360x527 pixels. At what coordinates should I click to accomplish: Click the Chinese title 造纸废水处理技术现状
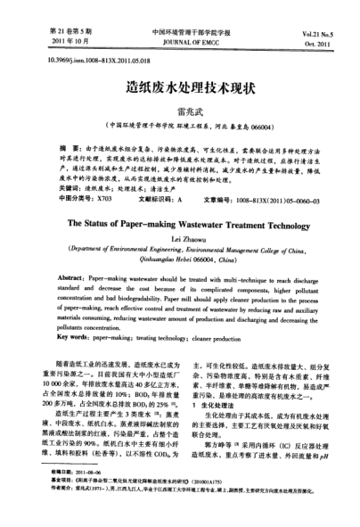click(181, 93)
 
